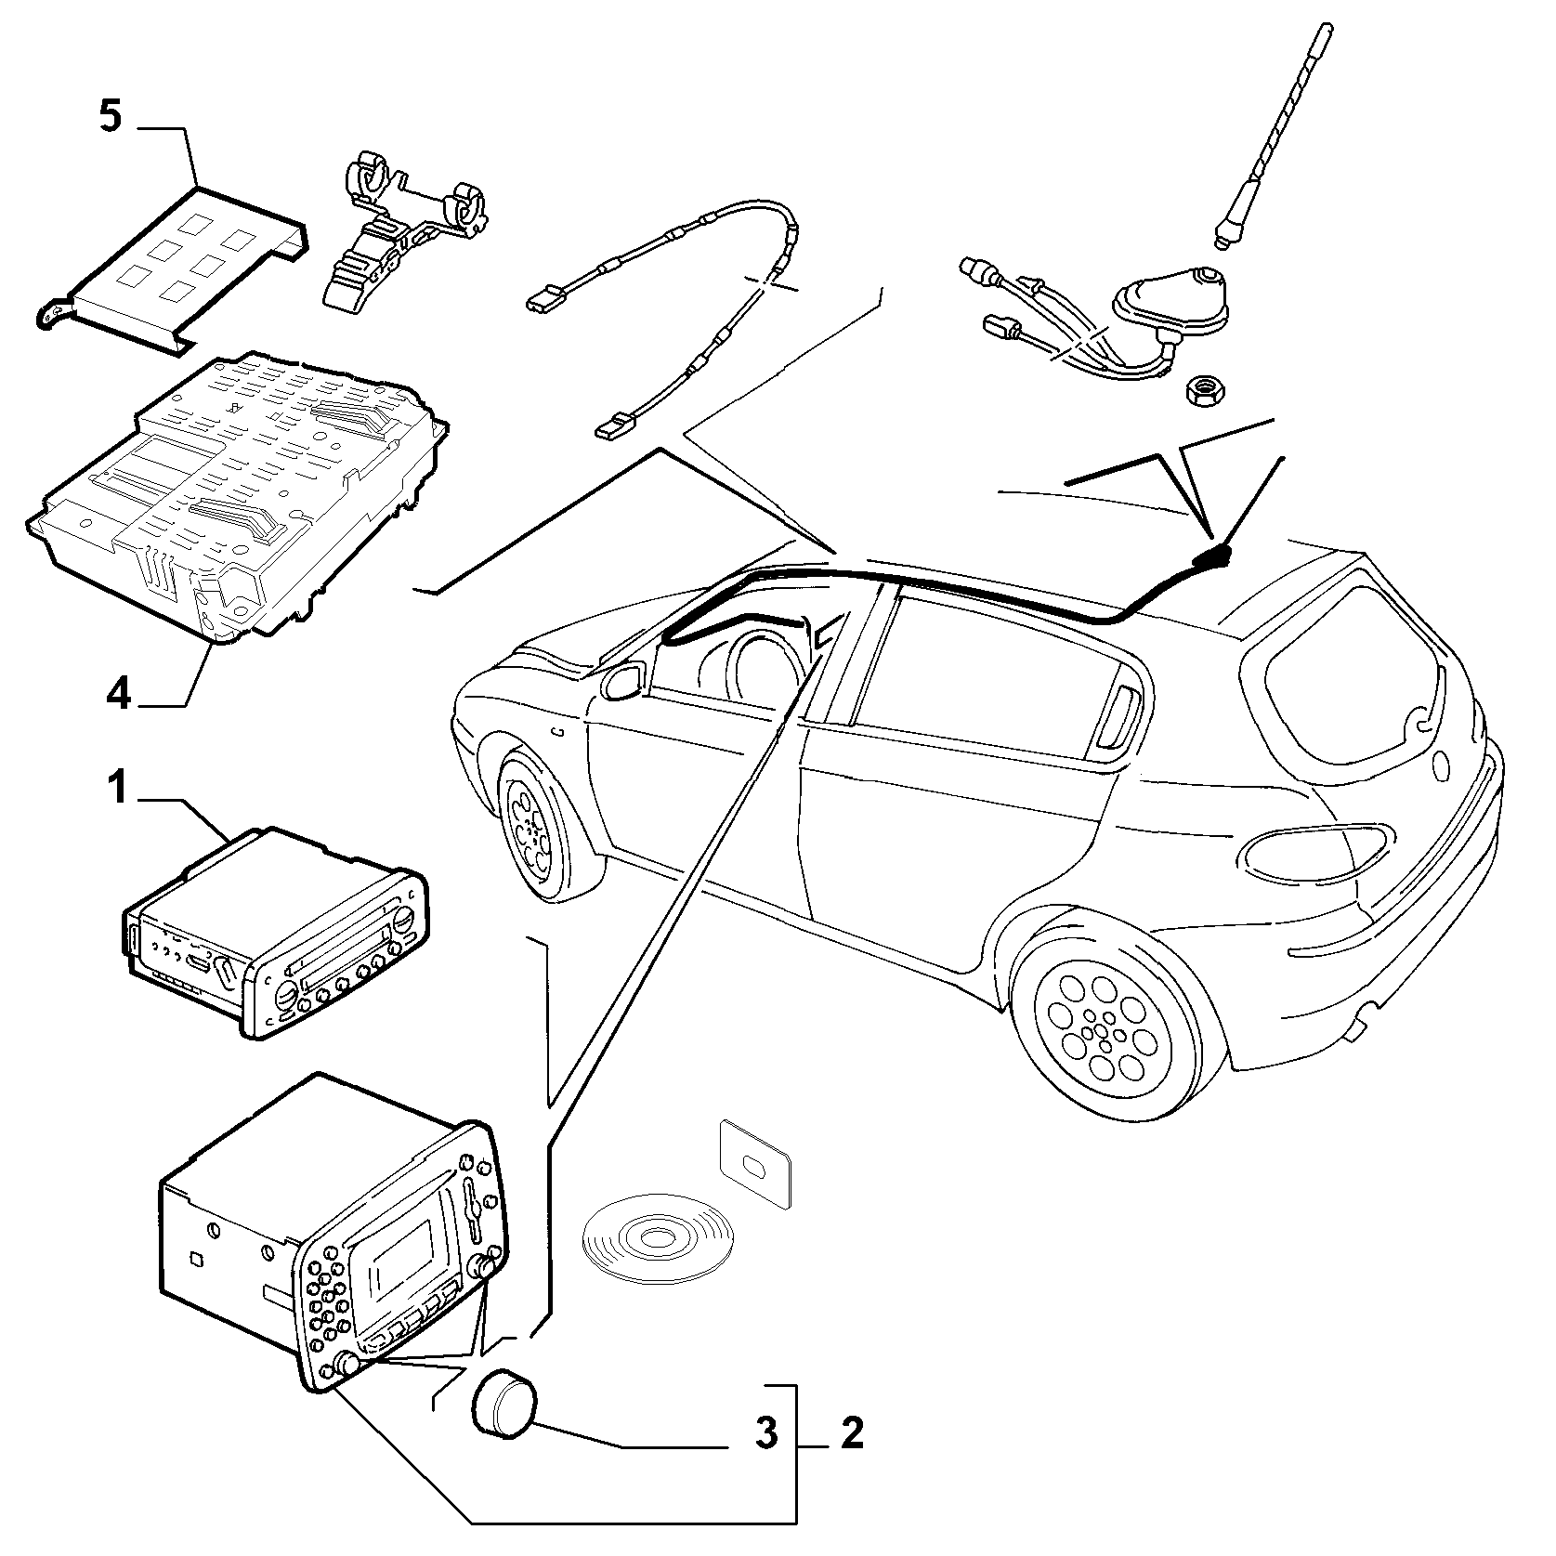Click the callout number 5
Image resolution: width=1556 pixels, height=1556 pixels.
point(111,118)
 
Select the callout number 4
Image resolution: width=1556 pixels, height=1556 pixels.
point(118,692)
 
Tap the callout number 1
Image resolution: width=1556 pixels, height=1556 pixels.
point(116,790)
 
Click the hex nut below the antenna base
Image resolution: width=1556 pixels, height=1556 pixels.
point(1203,393)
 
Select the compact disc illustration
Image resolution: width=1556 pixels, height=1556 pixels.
point(657,1238)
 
